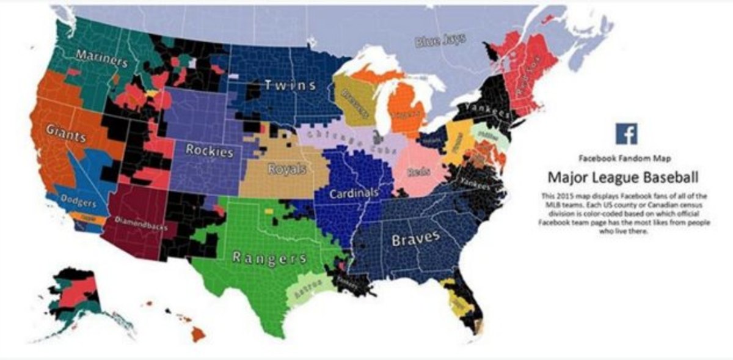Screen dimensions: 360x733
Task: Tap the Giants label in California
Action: [x=66, y=133]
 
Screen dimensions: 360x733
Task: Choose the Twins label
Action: [x=290, y=85]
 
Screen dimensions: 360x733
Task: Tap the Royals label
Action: [x=287, y=169]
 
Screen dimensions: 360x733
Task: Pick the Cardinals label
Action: [x=354, y=193]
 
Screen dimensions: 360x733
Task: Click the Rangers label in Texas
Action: [x=269, y=257]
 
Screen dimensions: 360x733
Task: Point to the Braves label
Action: [x=415, y=238]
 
